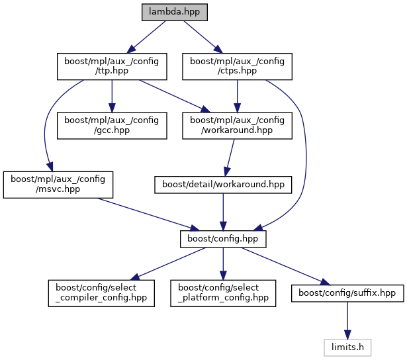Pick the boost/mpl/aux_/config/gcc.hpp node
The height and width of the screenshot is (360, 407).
(111, 125)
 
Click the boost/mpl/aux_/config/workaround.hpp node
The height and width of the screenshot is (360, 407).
(237, 125)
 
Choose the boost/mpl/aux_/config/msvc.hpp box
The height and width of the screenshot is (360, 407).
(58, 184)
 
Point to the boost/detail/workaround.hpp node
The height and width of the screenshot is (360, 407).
(223, 185)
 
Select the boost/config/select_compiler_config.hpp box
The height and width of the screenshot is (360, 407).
(101, 292)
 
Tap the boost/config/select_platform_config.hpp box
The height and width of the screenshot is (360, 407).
(223, 292)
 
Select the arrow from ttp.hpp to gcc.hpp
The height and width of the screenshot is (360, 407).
(111, 96)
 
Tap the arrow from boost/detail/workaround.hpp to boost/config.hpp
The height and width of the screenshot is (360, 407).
(223, 211)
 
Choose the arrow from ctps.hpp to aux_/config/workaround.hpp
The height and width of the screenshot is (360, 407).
(237, 96)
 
